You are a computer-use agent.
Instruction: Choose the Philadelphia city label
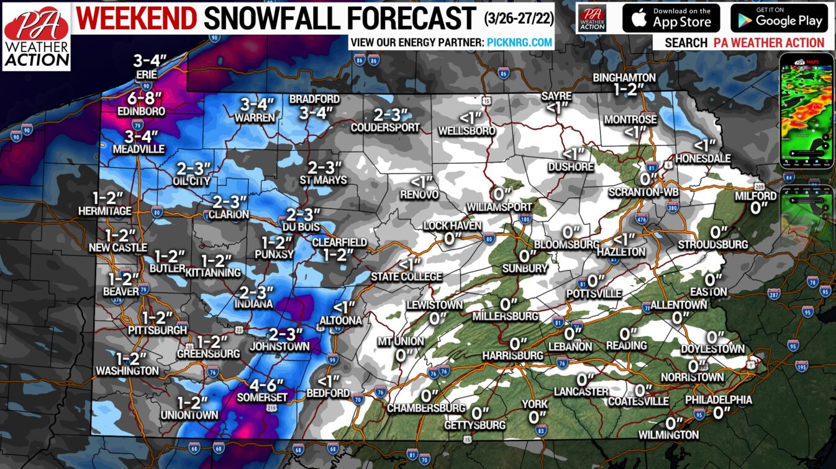[x=719, y=400]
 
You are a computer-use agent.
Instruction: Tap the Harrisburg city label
[x=513, y=355]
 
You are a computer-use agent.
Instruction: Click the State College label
[x=407, y=277]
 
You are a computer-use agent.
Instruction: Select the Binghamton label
[x=624, y=78]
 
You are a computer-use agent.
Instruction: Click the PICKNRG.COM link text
[x=520, y=42]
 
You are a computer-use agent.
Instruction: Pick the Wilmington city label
[x=668, y=435]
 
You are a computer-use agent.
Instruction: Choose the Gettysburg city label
[x=475, y=425]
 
